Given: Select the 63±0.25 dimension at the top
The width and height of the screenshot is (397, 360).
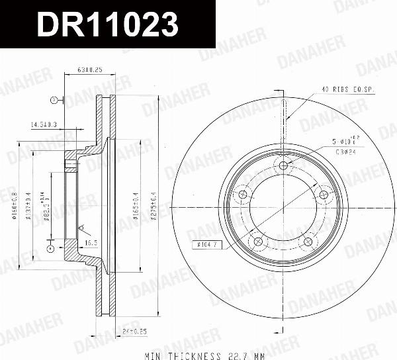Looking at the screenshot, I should (89, 69).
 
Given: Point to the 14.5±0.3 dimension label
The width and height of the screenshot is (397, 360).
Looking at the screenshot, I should (44, 124).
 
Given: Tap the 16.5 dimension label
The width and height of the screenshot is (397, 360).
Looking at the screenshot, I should (91, 244).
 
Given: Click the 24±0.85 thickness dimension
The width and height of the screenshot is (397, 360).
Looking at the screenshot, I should (135, 330).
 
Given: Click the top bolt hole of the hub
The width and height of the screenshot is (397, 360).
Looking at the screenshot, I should (283, 165).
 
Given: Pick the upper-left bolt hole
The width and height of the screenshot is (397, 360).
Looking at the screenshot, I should (242, 195).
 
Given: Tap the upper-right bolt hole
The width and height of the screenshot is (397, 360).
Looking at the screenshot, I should (324, 195).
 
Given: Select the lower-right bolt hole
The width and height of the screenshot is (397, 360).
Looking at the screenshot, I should (308, 242).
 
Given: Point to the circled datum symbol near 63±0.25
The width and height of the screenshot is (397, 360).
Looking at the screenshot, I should (54, 101).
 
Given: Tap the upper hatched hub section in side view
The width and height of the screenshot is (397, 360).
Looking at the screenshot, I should (71, 159).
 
